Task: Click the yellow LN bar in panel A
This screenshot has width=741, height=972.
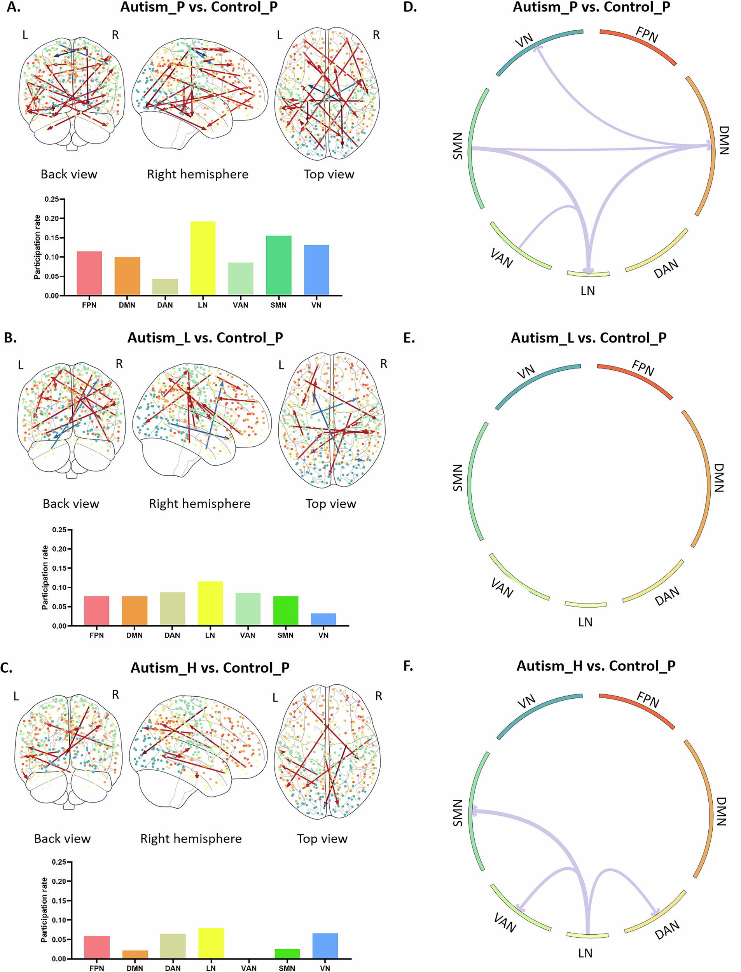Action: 203,259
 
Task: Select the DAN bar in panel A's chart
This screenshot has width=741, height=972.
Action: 165,287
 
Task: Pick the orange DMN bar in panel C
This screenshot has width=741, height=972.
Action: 135,954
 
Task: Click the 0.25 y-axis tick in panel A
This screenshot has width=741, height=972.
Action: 51,199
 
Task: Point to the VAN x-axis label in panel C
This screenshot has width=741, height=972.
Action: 249,968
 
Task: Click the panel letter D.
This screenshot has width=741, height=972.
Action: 410,7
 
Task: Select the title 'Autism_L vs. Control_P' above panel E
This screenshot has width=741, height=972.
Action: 588,338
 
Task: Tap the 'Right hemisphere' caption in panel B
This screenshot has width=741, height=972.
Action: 199,503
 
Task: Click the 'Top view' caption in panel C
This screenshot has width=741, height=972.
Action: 322,838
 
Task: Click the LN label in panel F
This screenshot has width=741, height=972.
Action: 585,953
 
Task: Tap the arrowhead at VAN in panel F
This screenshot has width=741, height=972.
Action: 521,909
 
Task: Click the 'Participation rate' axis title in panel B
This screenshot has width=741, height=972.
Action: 45,578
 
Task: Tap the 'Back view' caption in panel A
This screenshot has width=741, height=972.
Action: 69,174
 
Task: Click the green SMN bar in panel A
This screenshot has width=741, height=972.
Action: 278,266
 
